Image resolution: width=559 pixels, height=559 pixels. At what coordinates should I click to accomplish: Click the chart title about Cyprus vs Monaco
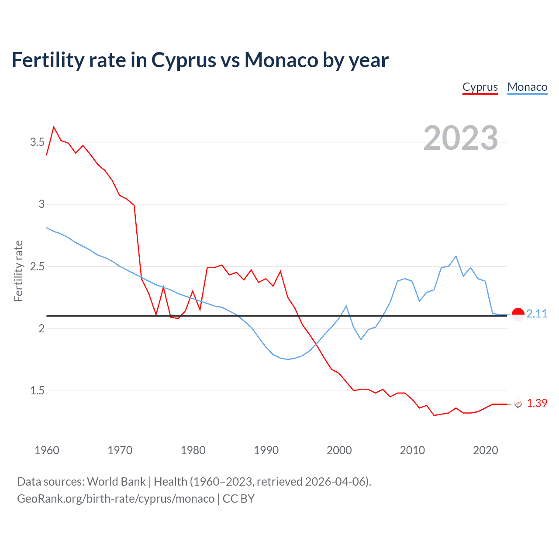[x=200, y=60]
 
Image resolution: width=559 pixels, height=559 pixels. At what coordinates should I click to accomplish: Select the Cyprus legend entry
[x=480, y=87]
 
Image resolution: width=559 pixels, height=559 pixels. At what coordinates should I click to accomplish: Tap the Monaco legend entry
[x=527, y=87]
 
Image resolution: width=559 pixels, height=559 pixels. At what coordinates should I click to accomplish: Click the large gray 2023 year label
[x=461, y=138]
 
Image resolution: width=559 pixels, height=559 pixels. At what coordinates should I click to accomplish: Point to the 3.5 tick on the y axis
[x=37, y=142]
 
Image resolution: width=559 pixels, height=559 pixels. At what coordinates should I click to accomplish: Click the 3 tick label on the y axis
[x=41, y=204]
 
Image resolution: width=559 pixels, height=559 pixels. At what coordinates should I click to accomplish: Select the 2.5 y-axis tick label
[x=37, y=266]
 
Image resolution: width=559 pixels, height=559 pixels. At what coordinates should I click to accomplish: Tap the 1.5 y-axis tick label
[x=37, y=390]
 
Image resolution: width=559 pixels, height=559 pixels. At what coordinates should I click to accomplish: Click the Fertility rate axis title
[x=18, y=271]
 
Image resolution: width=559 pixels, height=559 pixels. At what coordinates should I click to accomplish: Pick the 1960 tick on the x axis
[x=47, y=450]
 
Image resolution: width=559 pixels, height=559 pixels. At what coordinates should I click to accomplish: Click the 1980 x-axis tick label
[x=193, y=450]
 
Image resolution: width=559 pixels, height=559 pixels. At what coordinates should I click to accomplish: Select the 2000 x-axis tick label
[x=339, y=450]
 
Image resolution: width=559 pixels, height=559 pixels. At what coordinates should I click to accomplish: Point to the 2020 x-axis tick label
[x=485, y=450]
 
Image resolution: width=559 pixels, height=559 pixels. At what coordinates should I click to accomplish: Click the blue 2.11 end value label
[x=537, y=314]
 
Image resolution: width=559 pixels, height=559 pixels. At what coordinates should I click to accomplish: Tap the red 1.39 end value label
[x=537, y=403]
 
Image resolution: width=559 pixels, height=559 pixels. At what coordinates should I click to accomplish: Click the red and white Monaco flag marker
[x=518, y=314]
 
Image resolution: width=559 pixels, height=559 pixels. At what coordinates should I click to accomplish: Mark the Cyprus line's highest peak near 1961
[x=54, y=127]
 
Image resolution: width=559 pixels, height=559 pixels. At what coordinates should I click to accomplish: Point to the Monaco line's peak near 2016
[x=456, y=256]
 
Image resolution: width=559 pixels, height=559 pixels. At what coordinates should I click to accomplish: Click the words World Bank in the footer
[x=116, y=482]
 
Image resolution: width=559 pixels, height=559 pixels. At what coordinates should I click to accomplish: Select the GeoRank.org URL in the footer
[x=116, y=499]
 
